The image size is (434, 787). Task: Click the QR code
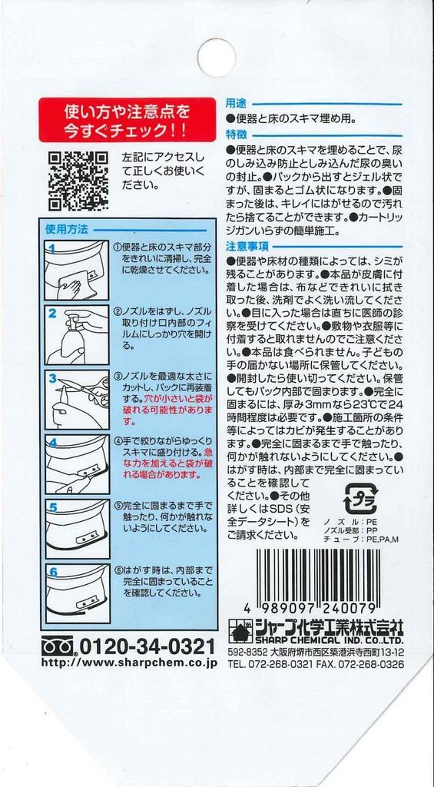tap(78, 181)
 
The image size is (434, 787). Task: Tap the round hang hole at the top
tap(217, 57)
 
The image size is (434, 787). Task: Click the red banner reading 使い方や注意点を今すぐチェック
tap(127, 119)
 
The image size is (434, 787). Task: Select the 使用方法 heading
tap(67, 229)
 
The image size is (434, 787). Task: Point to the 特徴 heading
tap(236, 134)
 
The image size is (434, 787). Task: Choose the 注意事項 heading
tap(247, 246)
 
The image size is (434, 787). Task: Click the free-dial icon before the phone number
tap(58, 644)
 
